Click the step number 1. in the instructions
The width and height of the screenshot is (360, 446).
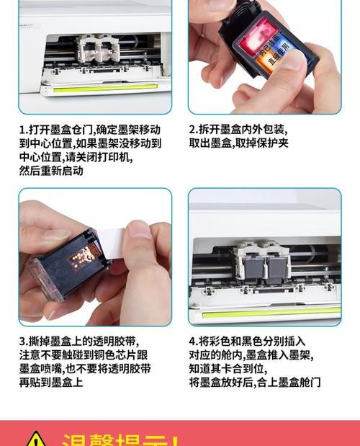[x=22, y=130]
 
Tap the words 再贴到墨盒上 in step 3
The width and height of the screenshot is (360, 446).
[x=50, y=382]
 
